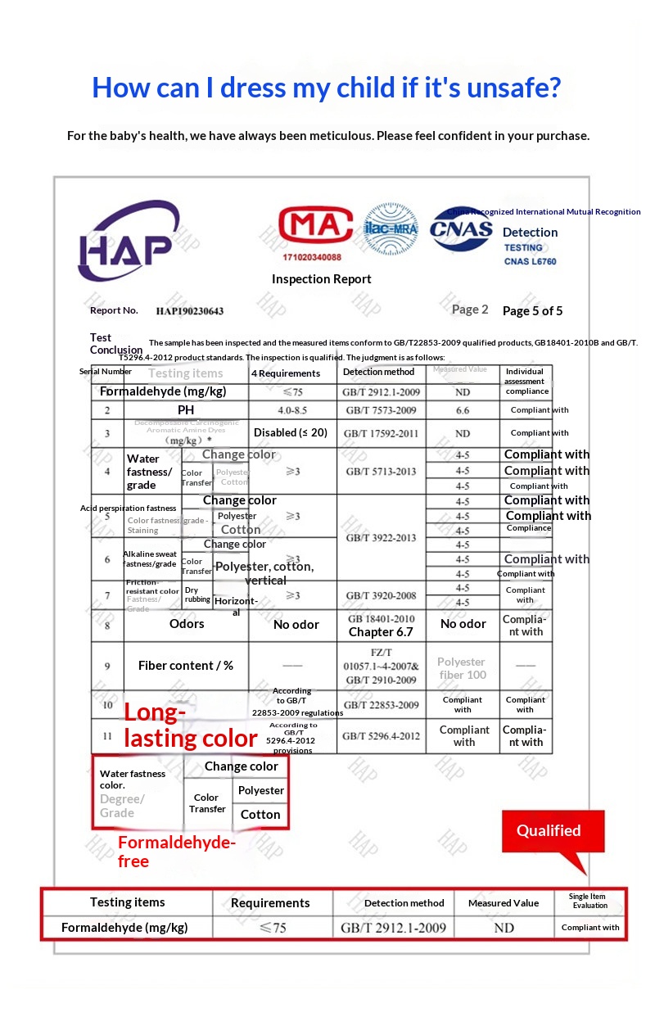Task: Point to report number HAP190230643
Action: [189, 311]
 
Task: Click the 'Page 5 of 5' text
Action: [532, 311]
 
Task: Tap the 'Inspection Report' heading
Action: [321, 279]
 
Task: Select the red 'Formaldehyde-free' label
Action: [176, 852]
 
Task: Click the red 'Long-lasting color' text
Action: [190, 725]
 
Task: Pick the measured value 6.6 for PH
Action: [463, 410]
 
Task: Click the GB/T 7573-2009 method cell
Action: [381, 410]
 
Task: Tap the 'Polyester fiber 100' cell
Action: [462, 668]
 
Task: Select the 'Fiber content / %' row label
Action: [186, 666]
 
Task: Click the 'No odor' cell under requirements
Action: [296, 625]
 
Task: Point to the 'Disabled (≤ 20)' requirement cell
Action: [291, 432]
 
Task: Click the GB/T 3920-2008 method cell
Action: [381, 595]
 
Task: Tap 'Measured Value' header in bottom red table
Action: [504, 903]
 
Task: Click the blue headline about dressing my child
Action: [327, 87]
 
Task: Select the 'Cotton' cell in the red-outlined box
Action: [260, 815]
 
